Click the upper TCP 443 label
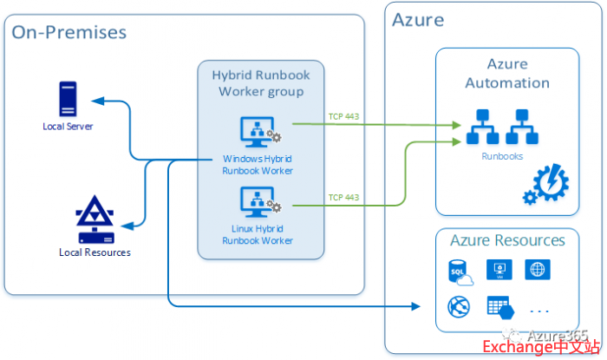point(343,116)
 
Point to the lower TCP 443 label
point(343,197)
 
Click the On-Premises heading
point(69,33)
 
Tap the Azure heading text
point(418,20)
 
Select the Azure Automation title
point(507,75)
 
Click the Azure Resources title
point(507,240)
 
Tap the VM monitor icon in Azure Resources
point(499,270)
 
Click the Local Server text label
point(68,127)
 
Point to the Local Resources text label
point(95,252)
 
